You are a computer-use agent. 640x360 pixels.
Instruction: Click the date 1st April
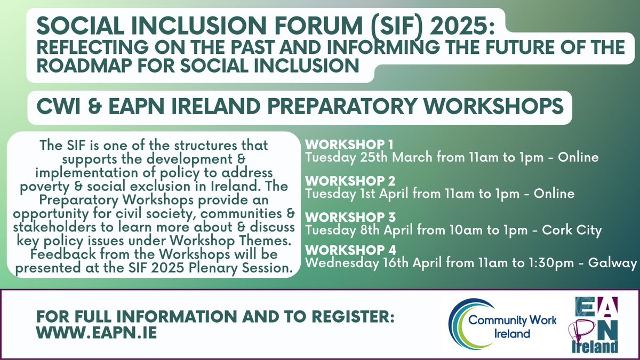pos(374,194)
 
